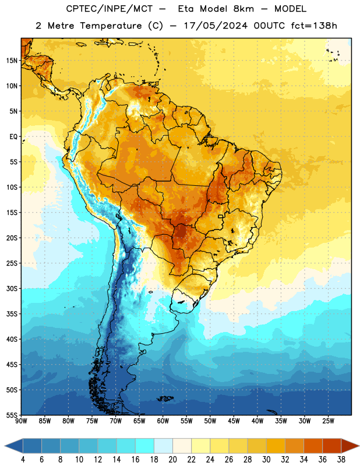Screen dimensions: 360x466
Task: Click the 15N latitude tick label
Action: coord(12,61)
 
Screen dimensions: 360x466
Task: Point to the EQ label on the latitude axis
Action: coord(13,137)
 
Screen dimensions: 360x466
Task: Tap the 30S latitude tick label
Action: coord(12,288)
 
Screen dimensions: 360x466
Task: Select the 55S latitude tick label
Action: coord(12,415)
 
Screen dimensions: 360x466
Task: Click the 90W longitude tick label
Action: coord(21,421)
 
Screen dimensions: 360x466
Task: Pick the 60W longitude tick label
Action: coord(163,421)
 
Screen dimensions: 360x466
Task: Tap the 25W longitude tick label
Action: coord(328,421)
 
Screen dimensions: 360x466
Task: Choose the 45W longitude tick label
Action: coord(234,421)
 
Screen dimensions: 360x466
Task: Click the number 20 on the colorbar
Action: coord(172,460)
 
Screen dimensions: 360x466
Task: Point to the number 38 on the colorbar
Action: coord(341,460)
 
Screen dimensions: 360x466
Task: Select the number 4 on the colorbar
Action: coord(23,460)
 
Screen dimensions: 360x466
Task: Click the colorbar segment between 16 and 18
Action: coord(144,446)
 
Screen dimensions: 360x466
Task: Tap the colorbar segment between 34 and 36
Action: coord(313,446)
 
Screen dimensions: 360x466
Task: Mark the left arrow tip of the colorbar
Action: coord(5,446)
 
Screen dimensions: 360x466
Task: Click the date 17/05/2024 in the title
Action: coord(216,26)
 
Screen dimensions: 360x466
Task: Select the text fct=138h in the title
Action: coord(314,26)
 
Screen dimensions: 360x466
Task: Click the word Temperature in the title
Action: coord(111,26)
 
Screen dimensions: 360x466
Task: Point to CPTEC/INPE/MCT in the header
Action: coord(110,9)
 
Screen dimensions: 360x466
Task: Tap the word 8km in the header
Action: coord(243,9)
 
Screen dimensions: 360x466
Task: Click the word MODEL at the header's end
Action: coord(290,9)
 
